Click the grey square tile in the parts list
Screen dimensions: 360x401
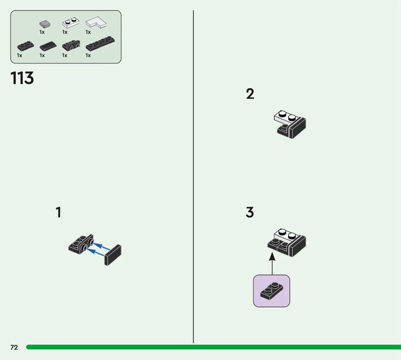[x=45, y=24]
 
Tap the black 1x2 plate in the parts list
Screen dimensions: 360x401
[x=25, y=46]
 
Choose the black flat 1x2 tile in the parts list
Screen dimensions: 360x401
[x=49, y=46]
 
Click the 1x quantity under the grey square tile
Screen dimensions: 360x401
[x=42, y=32]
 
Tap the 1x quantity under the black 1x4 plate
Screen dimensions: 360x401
[x=88, y=55]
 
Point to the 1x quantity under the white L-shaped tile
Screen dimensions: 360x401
[x=88, y=32]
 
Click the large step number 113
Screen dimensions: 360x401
[x=22, y=79]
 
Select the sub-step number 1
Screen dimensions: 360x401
[x=58, y=213]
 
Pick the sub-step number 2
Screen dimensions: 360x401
[x=250, y=94]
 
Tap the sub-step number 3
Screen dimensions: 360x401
[x=250, y=213]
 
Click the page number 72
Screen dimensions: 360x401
[x=14, y=347]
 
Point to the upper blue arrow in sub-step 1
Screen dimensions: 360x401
[x=102, y=246]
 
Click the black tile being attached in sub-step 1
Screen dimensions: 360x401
[x=114, y=254]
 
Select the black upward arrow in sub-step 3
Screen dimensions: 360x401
[x=272, y=263]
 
